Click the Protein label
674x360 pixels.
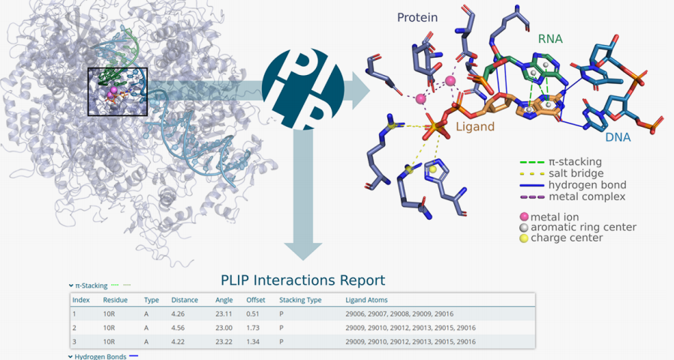point(417,17)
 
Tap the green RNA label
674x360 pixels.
point(550,39)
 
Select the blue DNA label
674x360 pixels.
point(618,137)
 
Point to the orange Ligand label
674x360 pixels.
point(475,127)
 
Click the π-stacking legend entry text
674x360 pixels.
point(575,162)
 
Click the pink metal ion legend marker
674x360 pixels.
point(524,217)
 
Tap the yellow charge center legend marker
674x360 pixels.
point(524,238)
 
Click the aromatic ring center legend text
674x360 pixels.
point(583,228)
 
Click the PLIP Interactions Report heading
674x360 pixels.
point(303,280)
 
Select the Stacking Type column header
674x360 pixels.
point(300,300)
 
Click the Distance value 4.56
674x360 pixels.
point(178,328)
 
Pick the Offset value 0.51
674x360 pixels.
point(253,314)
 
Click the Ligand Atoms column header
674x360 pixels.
point(366,300)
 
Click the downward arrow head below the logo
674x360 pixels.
point(303,252)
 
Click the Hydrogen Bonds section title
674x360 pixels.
point(101,356)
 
